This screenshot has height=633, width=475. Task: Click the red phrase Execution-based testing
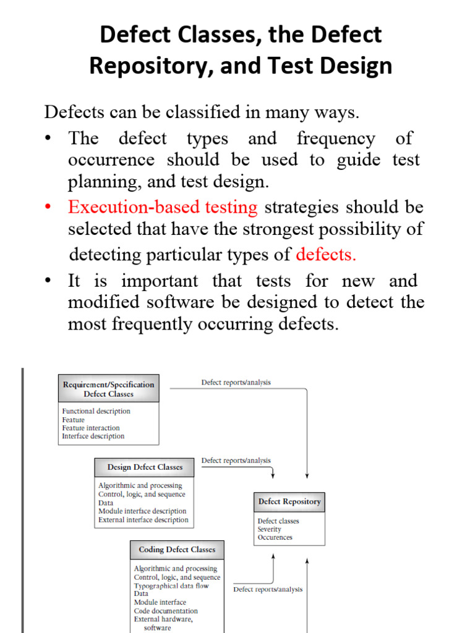163,207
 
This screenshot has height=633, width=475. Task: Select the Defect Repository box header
289,502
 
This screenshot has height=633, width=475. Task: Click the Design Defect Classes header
145,467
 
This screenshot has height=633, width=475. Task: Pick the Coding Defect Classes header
177,550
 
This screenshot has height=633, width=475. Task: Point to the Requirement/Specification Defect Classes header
108,388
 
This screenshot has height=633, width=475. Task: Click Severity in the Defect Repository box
270,529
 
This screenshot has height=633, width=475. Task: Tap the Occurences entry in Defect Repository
275,538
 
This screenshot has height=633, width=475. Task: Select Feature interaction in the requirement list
91,428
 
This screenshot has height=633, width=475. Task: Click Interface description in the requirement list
93,436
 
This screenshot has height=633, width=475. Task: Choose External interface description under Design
143,520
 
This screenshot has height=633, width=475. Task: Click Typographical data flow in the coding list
171,585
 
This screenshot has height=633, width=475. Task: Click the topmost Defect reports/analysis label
236,383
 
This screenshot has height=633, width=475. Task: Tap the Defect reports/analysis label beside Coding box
268,589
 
